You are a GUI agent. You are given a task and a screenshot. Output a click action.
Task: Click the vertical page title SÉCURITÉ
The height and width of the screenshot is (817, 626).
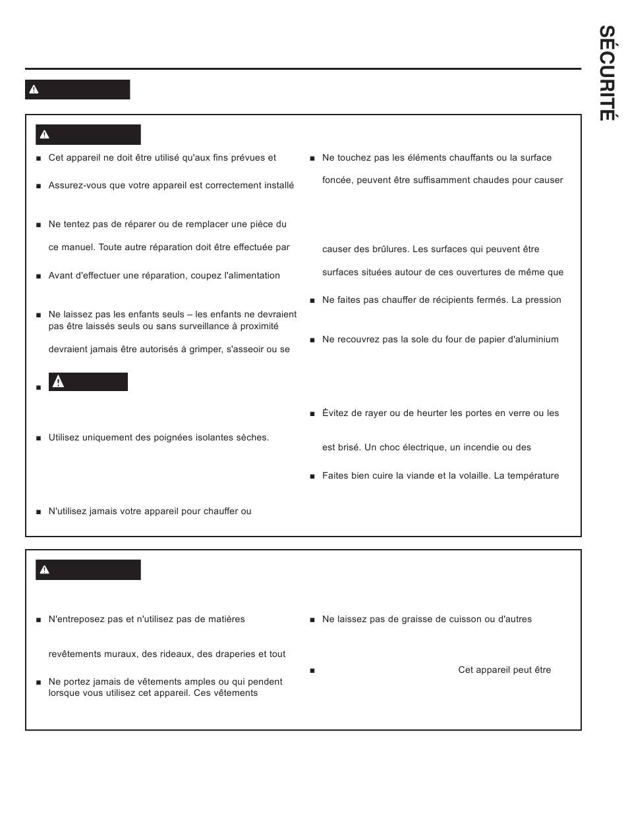606,73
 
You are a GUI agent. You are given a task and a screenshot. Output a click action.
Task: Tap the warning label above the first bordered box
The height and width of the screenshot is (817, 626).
77,90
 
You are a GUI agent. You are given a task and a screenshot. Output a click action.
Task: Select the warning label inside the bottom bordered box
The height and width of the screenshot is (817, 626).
88,569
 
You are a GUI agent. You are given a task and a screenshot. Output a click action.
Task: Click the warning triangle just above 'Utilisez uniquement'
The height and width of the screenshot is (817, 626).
58,382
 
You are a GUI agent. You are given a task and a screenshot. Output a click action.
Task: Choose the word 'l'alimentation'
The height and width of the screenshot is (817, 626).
252,276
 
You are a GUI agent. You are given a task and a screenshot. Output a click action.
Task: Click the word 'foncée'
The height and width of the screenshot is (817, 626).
337,180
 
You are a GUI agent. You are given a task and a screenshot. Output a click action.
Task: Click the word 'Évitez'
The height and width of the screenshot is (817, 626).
335,413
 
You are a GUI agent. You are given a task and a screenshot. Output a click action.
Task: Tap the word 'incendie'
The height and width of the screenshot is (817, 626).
472,448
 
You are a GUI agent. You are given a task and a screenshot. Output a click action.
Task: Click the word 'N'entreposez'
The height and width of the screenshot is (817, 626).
76,619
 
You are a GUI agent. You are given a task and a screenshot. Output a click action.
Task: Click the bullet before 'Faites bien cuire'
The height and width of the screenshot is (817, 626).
312,477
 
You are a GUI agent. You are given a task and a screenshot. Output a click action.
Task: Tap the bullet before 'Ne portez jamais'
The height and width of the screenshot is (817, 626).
39,683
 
